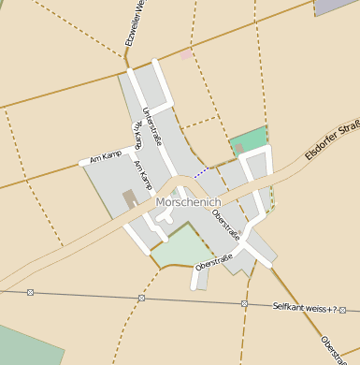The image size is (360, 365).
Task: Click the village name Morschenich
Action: coord(188,201)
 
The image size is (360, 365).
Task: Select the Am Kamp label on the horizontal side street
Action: coord(106,155)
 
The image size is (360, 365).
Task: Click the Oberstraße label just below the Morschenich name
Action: coord(225,225)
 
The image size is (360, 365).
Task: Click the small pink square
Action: coord(186,55)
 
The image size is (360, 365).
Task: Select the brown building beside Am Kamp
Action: coord(129,198)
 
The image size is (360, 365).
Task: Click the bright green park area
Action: coord(250,139)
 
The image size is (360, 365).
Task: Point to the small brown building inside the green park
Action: coord(238,148)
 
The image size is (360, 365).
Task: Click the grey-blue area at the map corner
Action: coord(338,6)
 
